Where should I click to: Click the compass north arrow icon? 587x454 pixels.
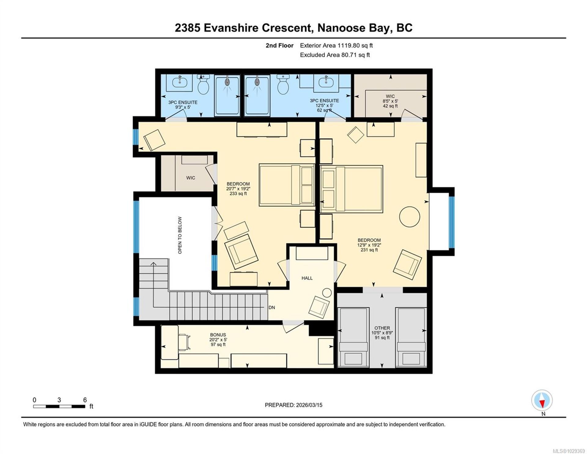542,400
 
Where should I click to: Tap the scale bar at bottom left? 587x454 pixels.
59,406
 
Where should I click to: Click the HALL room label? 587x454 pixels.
307,278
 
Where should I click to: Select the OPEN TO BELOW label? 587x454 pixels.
180,235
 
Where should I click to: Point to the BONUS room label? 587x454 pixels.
218,335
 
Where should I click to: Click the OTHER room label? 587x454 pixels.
382,328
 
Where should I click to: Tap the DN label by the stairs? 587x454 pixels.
271,307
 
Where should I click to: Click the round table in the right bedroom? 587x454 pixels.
410,217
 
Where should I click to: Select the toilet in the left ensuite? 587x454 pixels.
203,84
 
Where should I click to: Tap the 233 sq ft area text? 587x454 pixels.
238,194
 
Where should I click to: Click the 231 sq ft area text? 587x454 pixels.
369,250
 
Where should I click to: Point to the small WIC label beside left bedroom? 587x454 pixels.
190,178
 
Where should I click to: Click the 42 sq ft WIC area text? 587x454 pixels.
390,106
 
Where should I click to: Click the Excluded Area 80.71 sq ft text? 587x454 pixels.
335,55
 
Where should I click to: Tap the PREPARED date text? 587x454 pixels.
293,405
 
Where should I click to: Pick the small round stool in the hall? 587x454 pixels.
327,293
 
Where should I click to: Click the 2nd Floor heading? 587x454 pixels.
279,46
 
